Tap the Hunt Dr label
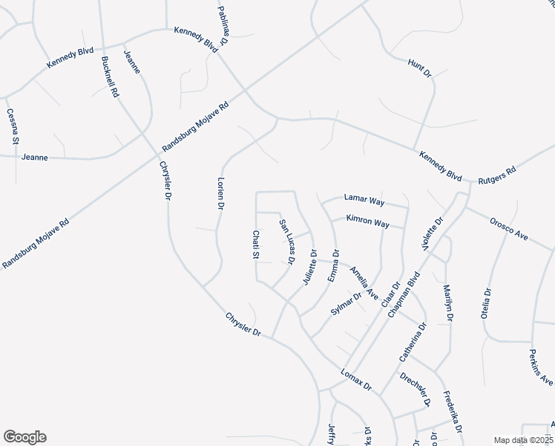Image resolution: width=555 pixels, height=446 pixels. tap(419, 69)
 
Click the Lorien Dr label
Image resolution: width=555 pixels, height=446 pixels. tap(220, 194)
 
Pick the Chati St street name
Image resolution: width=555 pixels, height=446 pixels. tap(254, 245)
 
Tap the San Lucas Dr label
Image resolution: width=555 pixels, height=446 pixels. tap(287, 242)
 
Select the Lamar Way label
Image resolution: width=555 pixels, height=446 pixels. tap(364, 200)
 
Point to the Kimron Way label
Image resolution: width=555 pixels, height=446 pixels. tap(368, 222)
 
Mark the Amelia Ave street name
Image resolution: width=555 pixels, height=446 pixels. tap(364, 283)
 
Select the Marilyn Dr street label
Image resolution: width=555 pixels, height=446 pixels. tap(447, 303)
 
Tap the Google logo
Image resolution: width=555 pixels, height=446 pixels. tap(24, 437)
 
